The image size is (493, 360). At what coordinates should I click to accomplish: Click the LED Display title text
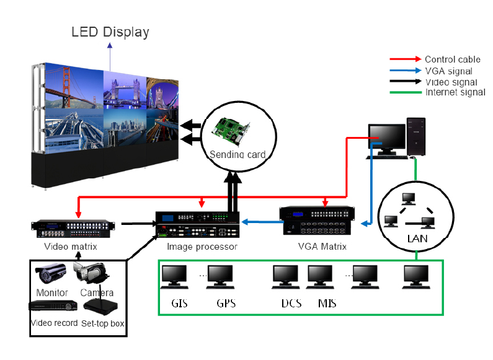[x=110, y=32]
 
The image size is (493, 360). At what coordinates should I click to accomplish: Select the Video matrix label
[x=70, y=247]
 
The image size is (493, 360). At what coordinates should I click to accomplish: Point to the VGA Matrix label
[x=321, y=247]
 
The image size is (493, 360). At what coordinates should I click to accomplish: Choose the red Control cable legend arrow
[x=406, y=59]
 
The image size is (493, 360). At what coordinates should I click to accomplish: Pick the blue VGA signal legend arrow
[x=406, y=71]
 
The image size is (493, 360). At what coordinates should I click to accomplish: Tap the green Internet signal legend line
[x=406, y=93]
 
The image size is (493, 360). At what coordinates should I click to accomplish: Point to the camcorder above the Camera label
[x=91, y=273]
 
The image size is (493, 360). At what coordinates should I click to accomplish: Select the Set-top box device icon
[x=100, y=307]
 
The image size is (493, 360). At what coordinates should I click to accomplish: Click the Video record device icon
[x=53, y=305]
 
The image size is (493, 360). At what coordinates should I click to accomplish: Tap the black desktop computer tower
[x=416, y=136]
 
